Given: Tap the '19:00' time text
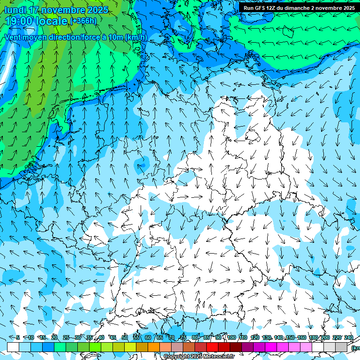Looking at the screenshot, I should (x=20, y=21).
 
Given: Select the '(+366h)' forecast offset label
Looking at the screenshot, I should (x=83, y=21).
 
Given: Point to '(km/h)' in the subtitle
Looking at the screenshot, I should (x=136, y=37).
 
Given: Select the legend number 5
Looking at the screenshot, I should (x=18, y=337).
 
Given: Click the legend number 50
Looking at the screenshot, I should (x=125, y=337).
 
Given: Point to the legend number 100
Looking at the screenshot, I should (x=231, y=337).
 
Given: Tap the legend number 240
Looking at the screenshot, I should (x=348, y=337).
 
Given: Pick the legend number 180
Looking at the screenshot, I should (x=313, y=337).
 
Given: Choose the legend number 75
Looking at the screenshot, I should (x=183, y=337).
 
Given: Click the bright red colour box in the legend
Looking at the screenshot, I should (x=212, y=347).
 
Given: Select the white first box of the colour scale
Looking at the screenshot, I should (x=13, y=347).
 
